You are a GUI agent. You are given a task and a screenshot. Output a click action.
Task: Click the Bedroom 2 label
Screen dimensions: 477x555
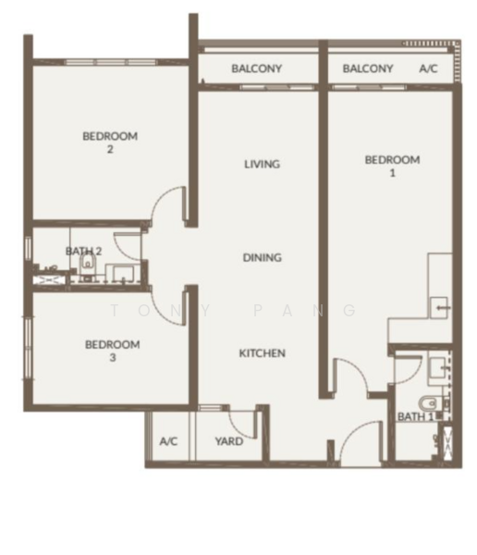pyautogui.click(x=110, y=142)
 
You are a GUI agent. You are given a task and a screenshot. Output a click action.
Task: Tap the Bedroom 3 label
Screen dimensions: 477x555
pyautogui.click(x=113, y=351)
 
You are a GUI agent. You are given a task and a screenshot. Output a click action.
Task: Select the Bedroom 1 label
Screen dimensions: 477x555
pyautogui.click(x=393, y=166)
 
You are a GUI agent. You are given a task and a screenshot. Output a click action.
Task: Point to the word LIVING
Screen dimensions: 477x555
pyautogui.click(x=262, y=164)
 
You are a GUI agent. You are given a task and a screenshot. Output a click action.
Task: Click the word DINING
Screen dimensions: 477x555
pyautogui.click(x=263, y=257)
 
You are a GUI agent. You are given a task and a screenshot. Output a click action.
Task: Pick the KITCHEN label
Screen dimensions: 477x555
pyautogui.click(x=263, y=353)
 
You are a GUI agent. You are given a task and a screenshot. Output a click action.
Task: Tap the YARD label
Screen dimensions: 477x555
pyautogui.click(x=229, y=441)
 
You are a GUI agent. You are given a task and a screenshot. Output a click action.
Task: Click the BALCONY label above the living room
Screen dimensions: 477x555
pyautogui.click(x=257, y=68)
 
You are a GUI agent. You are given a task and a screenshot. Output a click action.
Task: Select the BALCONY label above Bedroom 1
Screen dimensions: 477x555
pyautogui.click(x=368, y=68)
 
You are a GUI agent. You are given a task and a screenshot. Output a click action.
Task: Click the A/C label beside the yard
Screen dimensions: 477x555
pyautogui.click(x=168, y=441)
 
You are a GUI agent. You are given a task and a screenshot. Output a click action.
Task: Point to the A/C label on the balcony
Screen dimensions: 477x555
pyautogui.click(x=428, y=68)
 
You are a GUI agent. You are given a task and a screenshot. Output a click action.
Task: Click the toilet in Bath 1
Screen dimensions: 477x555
pyautogui.click(x=429, y=403)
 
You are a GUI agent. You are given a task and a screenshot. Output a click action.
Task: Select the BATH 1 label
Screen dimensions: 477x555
pyautogui.click(x=415, y=416)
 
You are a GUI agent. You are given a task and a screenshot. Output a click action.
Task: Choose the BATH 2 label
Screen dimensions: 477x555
pyautogui.click(x=83, y=252)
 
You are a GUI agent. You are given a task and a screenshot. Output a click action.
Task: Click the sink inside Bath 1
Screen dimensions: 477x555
pyautogui.click(x=436, y=368)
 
